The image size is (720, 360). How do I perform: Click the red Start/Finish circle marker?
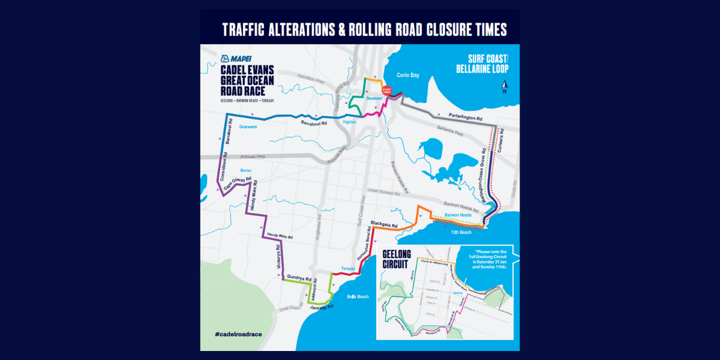387,91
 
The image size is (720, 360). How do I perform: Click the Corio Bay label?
410,76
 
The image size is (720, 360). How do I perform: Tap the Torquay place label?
348,268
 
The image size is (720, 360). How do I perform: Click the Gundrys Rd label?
299,278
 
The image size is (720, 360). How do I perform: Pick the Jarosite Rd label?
322,307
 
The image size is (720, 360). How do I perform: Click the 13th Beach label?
461,232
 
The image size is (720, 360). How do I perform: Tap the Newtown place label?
374,98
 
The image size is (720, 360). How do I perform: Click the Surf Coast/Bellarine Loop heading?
482,64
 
